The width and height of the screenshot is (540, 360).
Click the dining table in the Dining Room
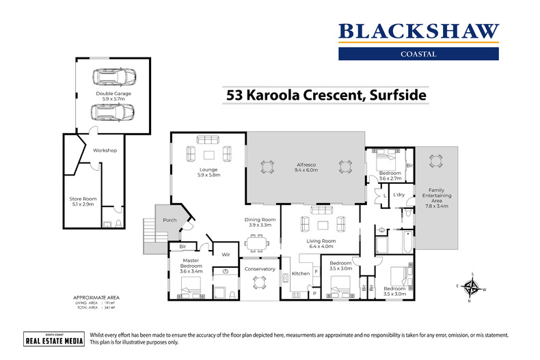pyautogui.click(x=258, y=242)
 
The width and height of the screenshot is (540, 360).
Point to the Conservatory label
pyautogui.click(x=259, y=268)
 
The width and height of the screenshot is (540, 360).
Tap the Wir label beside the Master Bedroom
pyautogui.click(x=225, y=254)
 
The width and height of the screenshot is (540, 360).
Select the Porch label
pyautogui.click(x=169, y=220)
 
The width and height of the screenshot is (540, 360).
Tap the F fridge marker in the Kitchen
pyautogui.click(x=315, y=272)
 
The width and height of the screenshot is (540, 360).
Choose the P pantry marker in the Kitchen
pyautogui.click(x=314, y=293)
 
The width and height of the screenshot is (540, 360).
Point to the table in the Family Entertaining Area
pyautogui.click(x=435, y=161)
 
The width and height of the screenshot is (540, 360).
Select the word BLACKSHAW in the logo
pyautogui.click(x=419, y=31)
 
